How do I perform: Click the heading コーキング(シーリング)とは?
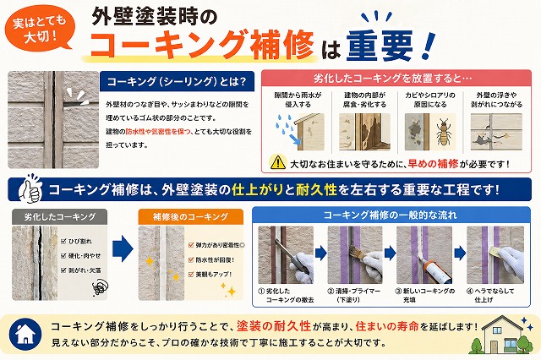coord(175,82)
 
